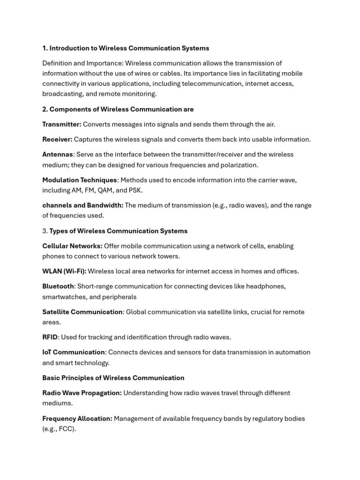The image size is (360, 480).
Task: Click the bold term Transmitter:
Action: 62,124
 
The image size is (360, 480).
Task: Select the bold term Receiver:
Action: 57,139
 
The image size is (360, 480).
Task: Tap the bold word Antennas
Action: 58,154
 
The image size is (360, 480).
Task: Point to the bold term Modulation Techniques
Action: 80,180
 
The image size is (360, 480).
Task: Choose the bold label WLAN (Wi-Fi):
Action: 64,271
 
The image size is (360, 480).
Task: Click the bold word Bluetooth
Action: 58,286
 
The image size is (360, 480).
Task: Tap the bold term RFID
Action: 50,337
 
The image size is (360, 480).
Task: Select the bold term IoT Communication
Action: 74,352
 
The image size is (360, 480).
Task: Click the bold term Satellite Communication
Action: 82,312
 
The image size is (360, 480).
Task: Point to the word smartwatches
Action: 62,297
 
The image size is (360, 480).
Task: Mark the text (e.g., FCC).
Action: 59,429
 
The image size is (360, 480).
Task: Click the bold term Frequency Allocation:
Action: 77,419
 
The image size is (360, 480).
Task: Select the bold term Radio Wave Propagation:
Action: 82,393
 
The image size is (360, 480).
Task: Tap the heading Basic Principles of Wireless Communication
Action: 113,378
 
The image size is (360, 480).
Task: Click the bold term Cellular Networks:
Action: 72,246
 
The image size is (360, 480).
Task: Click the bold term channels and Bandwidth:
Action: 83,205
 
